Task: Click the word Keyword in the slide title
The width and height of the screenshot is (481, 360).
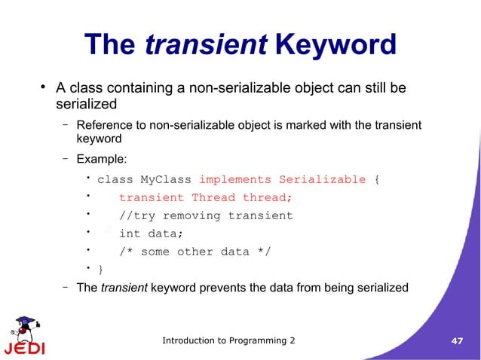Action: click(336, 45)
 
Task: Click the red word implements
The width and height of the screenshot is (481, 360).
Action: click(234, 179)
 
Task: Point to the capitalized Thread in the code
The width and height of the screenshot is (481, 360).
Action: click(213, 197)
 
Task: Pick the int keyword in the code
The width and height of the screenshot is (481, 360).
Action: click(130, 233)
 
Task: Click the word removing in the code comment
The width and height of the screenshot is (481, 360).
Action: click(195, 215)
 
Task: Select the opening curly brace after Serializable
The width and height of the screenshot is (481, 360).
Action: click(378, 179)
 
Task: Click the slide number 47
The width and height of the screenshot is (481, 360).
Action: click(456, 341)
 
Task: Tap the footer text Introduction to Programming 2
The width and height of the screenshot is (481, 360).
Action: click(229, 341)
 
